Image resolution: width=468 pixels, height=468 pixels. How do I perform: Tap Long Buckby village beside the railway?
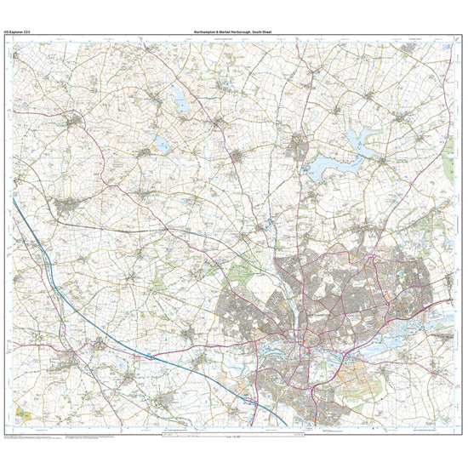click(x=68, y=207)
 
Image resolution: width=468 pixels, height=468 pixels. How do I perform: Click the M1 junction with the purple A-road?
click(x=150, y=351)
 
